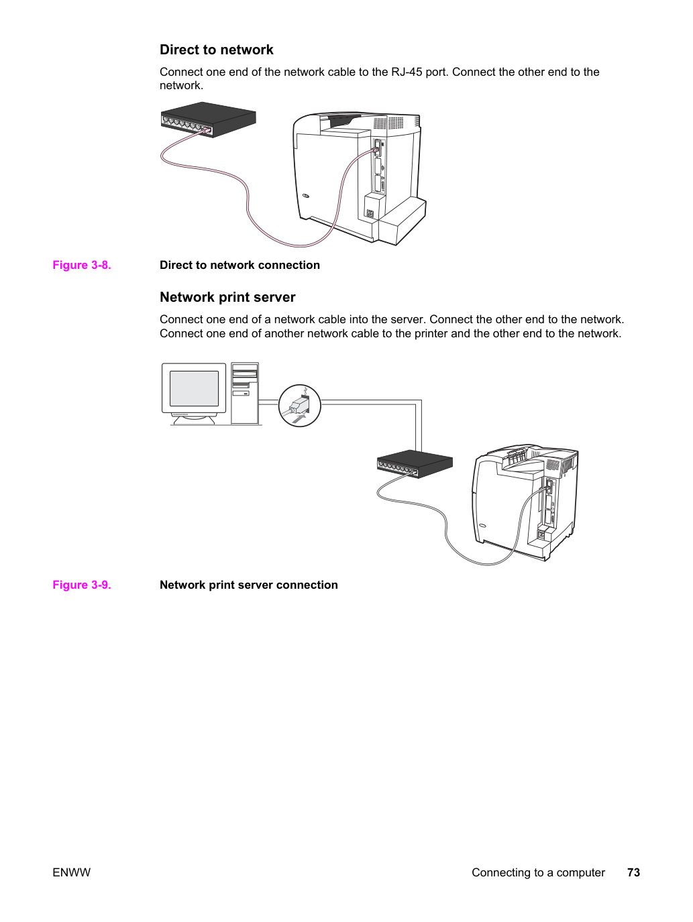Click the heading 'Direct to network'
(x=217, y=50)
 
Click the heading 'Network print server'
(x=227, y=297)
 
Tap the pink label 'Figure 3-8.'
(x=82, y=265)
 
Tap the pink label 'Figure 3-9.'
(x=82, y=585)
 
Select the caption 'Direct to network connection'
(x=239, y=265)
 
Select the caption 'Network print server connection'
(x=249, y=585)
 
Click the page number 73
(x=633, y=872)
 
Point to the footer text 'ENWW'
(x=71, y=872)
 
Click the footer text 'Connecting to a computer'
(x=538, y=872)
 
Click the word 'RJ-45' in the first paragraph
(x=407, y=72)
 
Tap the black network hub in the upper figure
(x=209, y=119)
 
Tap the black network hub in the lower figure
(x=415, y=463)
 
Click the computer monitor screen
(x=194, y=388)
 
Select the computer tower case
(x=245, y=393)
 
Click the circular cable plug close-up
(x=300, y=406)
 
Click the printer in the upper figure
(x=360, y=178)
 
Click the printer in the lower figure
(x=526, y=502)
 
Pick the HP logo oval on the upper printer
(x=306, y=195)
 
